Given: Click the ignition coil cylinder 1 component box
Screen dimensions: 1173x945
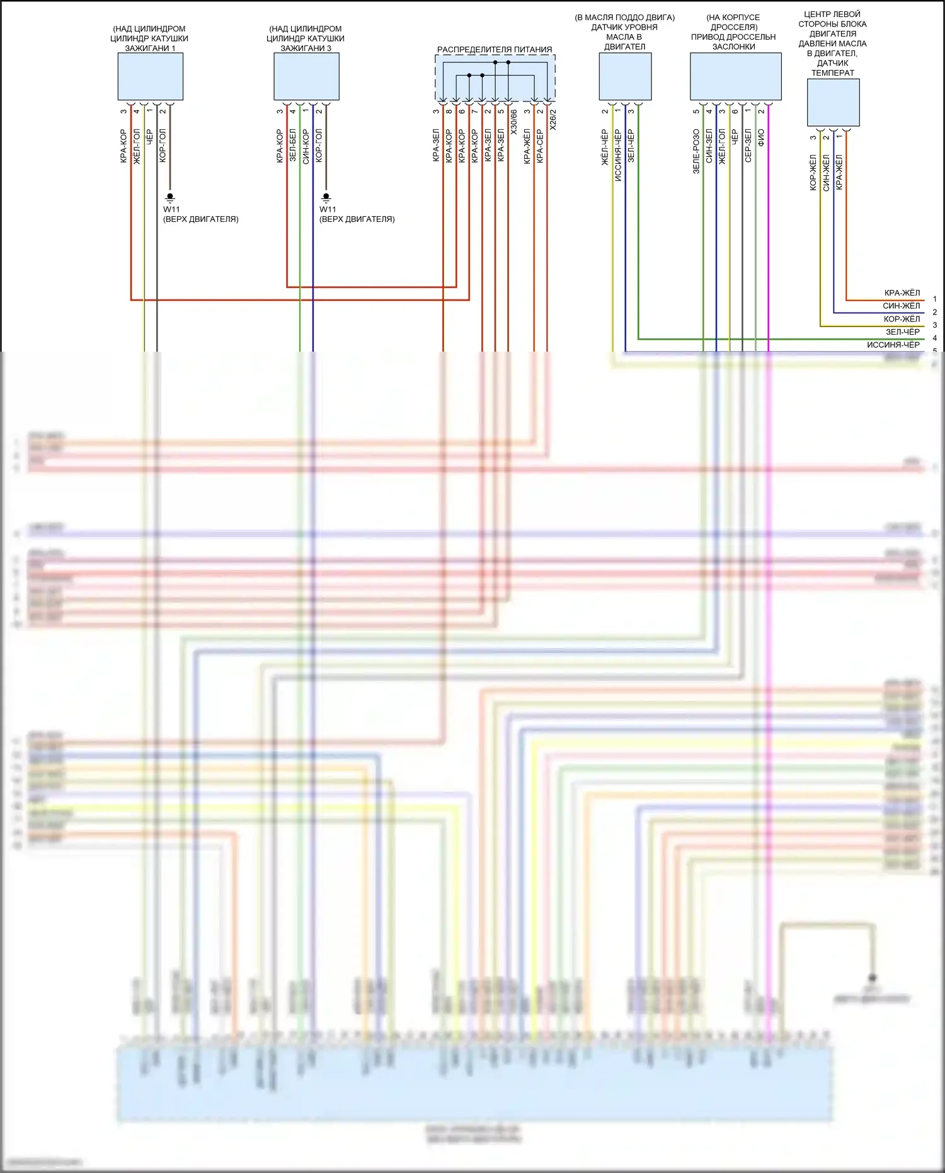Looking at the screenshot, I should pos(150,76).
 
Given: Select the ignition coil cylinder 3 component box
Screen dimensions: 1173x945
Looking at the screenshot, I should pos(306,76).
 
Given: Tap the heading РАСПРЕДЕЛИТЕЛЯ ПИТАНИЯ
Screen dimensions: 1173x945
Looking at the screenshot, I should pos(495,49).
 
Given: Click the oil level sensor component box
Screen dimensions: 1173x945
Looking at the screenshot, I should pos(625,76).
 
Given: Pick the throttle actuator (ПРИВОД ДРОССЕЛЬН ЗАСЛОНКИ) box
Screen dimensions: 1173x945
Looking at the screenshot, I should pos(735,76).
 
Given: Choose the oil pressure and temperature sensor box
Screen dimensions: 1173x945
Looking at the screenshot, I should pos(833,102).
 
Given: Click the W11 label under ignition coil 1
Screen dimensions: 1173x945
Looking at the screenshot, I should pos(171,209).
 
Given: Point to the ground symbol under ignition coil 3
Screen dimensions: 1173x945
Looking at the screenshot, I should pos(326,197).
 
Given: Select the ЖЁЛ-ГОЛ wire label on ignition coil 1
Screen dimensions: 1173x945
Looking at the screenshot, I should pos(137,146).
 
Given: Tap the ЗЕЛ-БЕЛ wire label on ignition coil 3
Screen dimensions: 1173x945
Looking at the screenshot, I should pos(293,146).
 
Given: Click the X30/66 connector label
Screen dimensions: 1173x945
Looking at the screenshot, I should pos(513,122).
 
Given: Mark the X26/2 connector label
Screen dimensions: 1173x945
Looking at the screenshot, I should pos(553,120).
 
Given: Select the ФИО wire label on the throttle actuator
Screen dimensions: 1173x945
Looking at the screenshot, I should pos(761,138).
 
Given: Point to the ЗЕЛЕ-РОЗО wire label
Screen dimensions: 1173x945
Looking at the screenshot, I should pos(696,151).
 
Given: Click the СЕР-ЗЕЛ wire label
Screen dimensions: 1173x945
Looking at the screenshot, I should pos(748,146).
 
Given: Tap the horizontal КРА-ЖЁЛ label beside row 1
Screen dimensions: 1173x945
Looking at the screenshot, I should pos(902,293).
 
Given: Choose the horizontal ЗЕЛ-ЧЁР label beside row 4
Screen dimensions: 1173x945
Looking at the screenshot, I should pos(902,332).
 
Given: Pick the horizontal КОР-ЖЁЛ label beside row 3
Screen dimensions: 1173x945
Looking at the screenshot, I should pos(902,319).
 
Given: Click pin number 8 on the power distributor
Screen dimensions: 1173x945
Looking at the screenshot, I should pos(449,112).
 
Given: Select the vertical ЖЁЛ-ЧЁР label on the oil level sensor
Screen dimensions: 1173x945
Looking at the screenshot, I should pos(605,147).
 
